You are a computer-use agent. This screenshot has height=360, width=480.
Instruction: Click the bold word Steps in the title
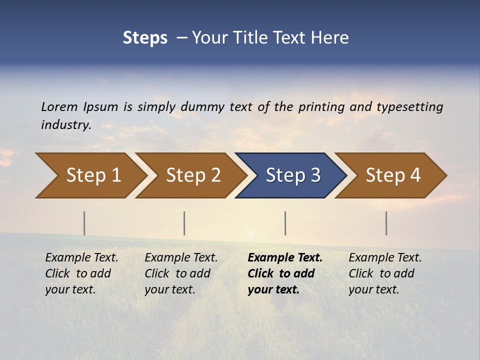[145, 38]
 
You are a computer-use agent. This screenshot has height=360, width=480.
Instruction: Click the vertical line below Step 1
[84, 223]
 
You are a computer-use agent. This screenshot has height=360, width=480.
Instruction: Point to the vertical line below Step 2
[184, 223]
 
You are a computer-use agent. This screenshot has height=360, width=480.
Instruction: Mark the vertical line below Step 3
[285, 223]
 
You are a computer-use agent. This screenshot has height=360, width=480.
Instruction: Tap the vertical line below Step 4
[386, 223]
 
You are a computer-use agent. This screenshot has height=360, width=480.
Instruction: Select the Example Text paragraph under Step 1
[81, 273]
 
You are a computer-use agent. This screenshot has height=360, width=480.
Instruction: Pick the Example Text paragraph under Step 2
[181, 273]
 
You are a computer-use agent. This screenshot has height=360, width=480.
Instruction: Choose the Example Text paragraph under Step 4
[385, 273]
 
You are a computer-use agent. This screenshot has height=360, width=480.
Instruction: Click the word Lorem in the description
[59, 106]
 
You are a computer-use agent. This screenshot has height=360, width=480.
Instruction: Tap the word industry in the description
[66, 125]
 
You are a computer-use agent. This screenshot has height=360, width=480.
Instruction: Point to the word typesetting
[409, 107]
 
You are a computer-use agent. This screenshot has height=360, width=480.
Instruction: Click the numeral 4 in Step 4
[415, 175]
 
